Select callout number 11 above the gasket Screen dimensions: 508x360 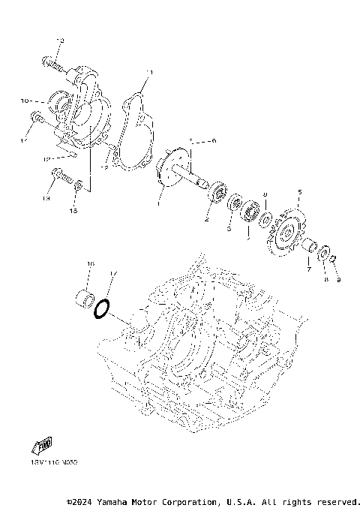tap(148, 73)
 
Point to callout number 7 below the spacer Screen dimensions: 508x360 tap(307, 268)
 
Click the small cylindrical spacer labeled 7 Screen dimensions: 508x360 tap(308, 246)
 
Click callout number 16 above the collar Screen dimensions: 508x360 tap(90, 264)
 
